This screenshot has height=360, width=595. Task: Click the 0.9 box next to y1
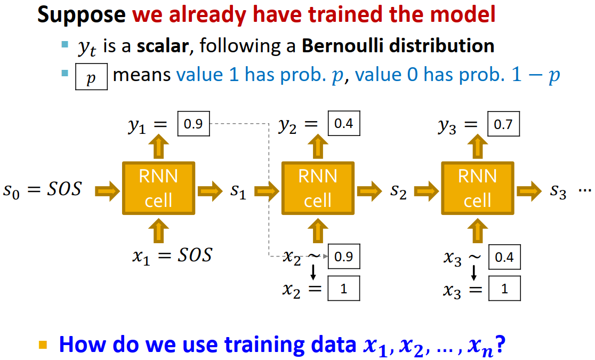click(x=194, y=125)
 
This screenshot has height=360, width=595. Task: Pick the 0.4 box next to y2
click(x=344, y=125)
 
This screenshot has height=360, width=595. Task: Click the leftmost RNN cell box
click(x=159, y=188)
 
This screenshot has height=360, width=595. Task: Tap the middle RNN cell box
click(x=318, y=188)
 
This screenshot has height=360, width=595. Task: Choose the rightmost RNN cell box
click(x=477, y=188)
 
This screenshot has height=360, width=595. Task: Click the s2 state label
click(x=397, y=191)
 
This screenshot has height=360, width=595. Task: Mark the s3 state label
click(x=557, y=191)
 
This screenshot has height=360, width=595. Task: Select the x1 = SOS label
click(x=172, y=255)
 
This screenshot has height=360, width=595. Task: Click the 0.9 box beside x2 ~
click(x=344, y=257)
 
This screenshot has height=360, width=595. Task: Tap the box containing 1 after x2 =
click(x=344, y=289)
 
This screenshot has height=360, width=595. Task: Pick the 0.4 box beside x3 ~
click(x=504, y=258)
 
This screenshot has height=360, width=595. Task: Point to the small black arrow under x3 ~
click(x=473, y=273)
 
